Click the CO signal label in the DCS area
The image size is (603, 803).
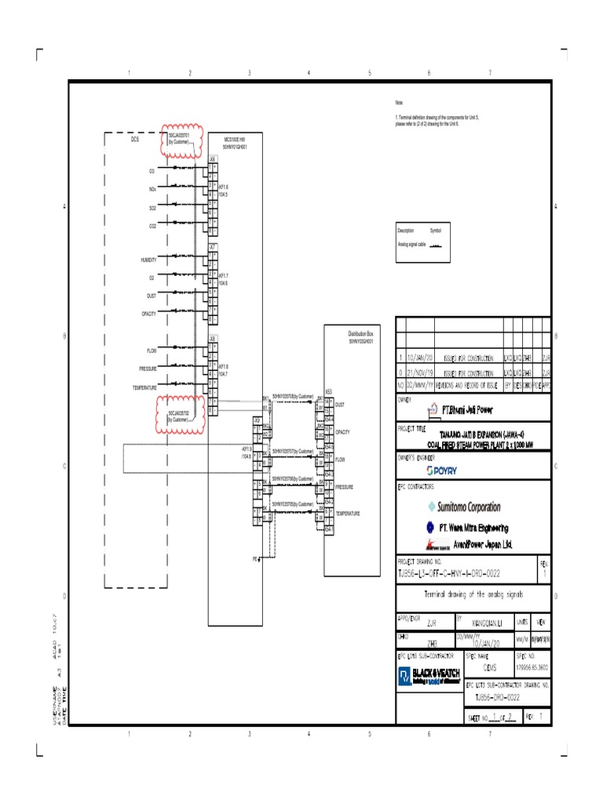152,170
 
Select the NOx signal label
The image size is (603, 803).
152,189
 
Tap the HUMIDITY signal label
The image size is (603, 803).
148,259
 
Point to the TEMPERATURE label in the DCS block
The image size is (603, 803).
144,387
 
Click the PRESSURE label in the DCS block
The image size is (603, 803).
148,369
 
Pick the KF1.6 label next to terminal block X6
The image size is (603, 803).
224,187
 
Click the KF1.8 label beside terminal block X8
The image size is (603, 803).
224,367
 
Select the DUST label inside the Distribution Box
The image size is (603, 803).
340,405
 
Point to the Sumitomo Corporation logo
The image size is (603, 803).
464,507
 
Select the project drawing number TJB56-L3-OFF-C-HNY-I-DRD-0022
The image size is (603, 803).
450,574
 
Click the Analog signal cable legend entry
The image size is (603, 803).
410,244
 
